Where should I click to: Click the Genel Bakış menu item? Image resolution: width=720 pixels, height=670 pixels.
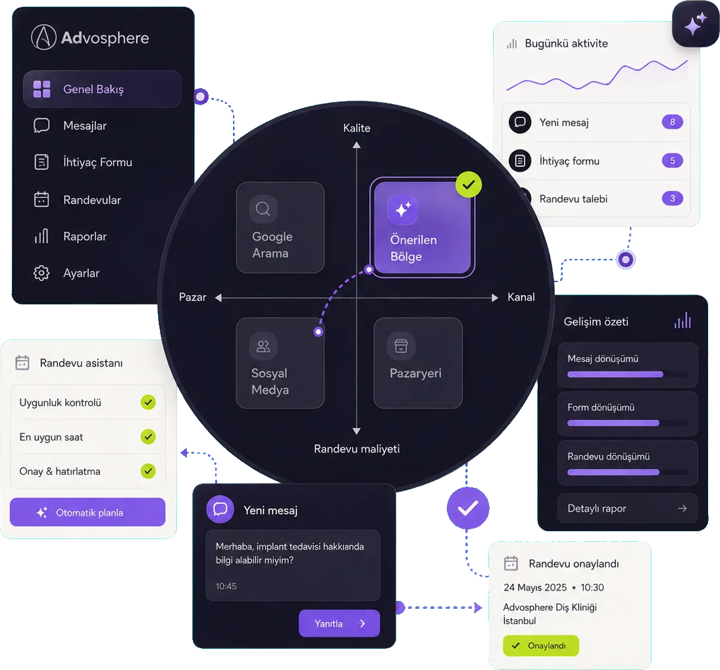click(x=102, y=89)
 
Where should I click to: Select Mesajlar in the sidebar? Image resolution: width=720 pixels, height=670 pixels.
click(x=84, y=126)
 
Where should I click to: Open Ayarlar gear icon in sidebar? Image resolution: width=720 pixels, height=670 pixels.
click(x=41, y=273)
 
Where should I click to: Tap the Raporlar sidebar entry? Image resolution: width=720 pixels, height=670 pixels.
click(x=84, y=237)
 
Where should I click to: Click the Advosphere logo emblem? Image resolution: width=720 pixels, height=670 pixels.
click(x=43, y=37)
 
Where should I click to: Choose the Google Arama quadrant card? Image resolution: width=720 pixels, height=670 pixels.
click(x=280, y=227)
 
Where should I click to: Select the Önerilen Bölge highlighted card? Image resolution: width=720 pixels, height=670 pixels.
click(x=423, y=227)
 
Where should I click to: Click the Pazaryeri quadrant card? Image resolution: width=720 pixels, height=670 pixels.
click(x=418, y=363)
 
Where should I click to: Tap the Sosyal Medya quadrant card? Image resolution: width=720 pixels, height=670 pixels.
click(x=280, y=363)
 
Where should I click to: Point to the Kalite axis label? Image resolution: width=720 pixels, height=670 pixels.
click(x=357, y=128)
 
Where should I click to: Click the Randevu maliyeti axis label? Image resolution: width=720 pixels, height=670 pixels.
click(x=357, y=449)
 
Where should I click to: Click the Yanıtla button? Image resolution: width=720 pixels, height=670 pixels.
click(x=340, y=623)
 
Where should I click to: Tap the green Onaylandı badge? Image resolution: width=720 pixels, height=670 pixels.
click(x=541, y=646)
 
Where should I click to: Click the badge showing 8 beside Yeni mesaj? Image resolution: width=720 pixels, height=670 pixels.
click(x=672, y=122)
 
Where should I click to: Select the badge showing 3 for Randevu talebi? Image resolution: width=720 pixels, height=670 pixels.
click(x=672, y=199)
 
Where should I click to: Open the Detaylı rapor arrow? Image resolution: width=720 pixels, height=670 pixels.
click(x=682, y=508)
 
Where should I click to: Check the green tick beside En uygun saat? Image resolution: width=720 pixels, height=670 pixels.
click(x=148, y=437)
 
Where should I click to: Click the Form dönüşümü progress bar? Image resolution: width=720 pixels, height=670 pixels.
click(x=613, y=423)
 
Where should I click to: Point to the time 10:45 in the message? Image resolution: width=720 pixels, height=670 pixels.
click(x=226, y=586)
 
